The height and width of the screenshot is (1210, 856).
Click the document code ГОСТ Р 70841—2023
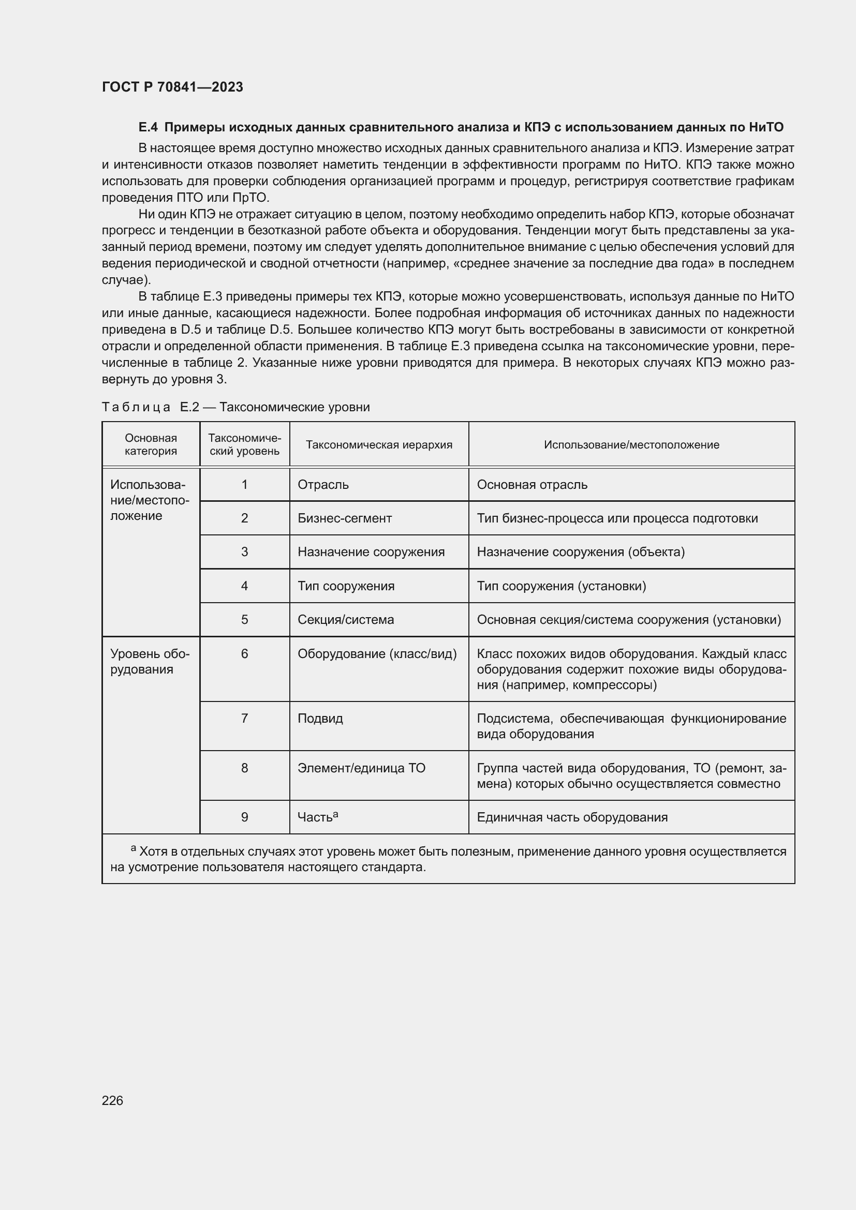pos(172,87)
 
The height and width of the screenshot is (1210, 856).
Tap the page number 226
pos(112,1100)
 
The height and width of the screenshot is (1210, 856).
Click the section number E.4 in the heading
pos(147,127)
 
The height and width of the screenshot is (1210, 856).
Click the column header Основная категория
pos(151,444)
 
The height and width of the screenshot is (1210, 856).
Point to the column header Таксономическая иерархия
pos(378,444)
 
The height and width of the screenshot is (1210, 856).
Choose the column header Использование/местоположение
pos(631,444)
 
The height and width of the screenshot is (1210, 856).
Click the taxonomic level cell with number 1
pos(244,484)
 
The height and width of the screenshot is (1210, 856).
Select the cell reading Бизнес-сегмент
pos(344,518)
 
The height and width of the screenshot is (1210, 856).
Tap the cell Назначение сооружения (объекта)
pos(580,552)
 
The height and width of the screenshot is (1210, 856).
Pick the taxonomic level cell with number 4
pos(244,586)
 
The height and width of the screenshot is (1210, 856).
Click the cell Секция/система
pos(345,619)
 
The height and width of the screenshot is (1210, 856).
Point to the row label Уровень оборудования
pos(150,662)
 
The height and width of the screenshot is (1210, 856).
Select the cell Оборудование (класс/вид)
pos(377,653)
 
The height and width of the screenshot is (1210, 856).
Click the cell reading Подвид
pos(320,719)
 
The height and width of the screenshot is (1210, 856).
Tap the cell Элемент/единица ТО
pos(361,768)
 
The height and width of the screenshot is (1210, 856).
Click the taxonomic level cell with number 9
pos(244,817)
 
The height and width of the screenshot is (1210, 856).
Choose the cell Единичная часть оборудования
pos(572,817)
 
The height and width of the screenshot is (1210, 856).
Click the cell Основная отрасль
pos(532,484)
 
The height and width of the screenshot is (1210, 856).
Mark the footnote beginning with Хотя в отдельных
pos(448,859)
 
